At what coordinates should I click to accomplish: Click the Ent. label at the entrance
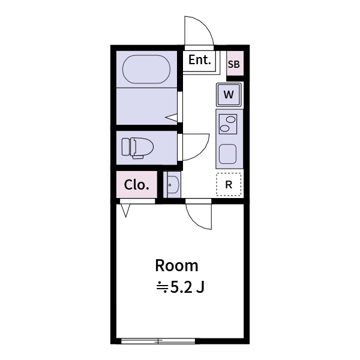click(x=200, y=60)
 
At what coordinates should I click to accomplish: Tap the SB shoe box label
click(x=234, y=64)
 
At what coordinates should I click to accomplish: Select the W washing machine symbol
click(x=229, y=94)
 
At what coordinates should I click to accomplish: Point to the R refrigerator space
click(x=229, y=185)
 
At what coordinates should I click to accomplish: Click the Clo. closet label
click(x=136, y=185)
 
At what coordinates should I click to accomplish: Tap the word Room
click(x=176, y=265)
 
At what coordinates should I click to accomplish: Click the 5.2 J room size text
click(x=181, y=287)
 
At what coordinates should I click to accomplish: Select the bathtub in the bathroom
click(x=147, y=70)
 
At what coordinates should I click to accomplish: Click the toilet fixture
click(x=141, y=146)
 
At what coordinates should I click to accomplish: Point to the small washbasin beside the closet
click(x=172, y=185)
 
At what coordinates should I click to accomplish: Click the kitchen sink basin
click(x=229, y=154)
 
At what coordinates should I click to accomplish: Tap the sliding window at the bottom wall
click(x=158, y=341)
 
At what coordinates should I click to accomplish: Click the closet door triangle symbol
click(x=126, y=211)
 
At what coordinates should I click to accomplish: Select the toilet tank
click(x=125, y=147)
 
